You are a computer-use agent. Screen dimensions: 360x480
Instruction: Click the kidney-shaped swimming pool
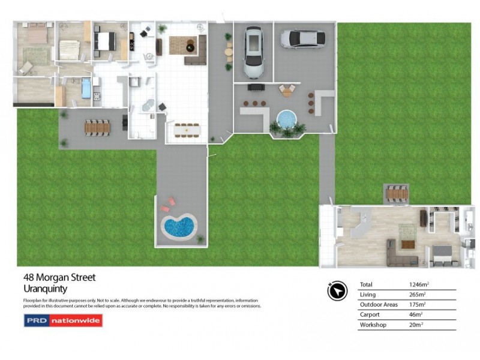pyautogui.click(x=178, y=227)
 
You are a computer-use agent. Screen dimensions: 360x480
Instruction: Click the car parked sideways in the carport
pyautogui.click(x=304, y=39)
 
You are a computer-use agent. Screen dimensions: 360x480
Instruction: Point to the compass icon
pyautogui.click(x=337, y=291)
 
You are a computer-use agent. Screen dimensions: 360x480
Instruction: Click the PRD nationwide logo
pyautogui.click(x=63, y=320)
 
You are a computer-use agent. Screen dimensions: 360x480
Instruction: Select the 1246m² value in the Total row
pyautogui.click(x=419, y=284)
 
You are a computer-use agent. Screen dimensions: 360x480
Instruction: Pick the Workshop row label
pyautogui.click(x=374, y=325)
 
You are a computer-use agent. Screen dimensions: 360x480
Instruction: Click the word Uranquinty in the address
pyautogui.click(x=45, y=289)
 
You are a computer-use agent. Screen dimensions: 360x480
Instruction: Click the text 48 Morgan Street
pyautogui.click(x=59, y=278)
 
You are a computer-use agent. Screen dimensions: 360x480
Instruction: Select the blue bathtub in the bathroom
pyautogui.click(x=86, y=89)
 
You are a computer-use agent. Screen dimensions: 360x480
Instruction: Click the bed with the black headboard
pyautogui.click(x=105, y=41)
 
